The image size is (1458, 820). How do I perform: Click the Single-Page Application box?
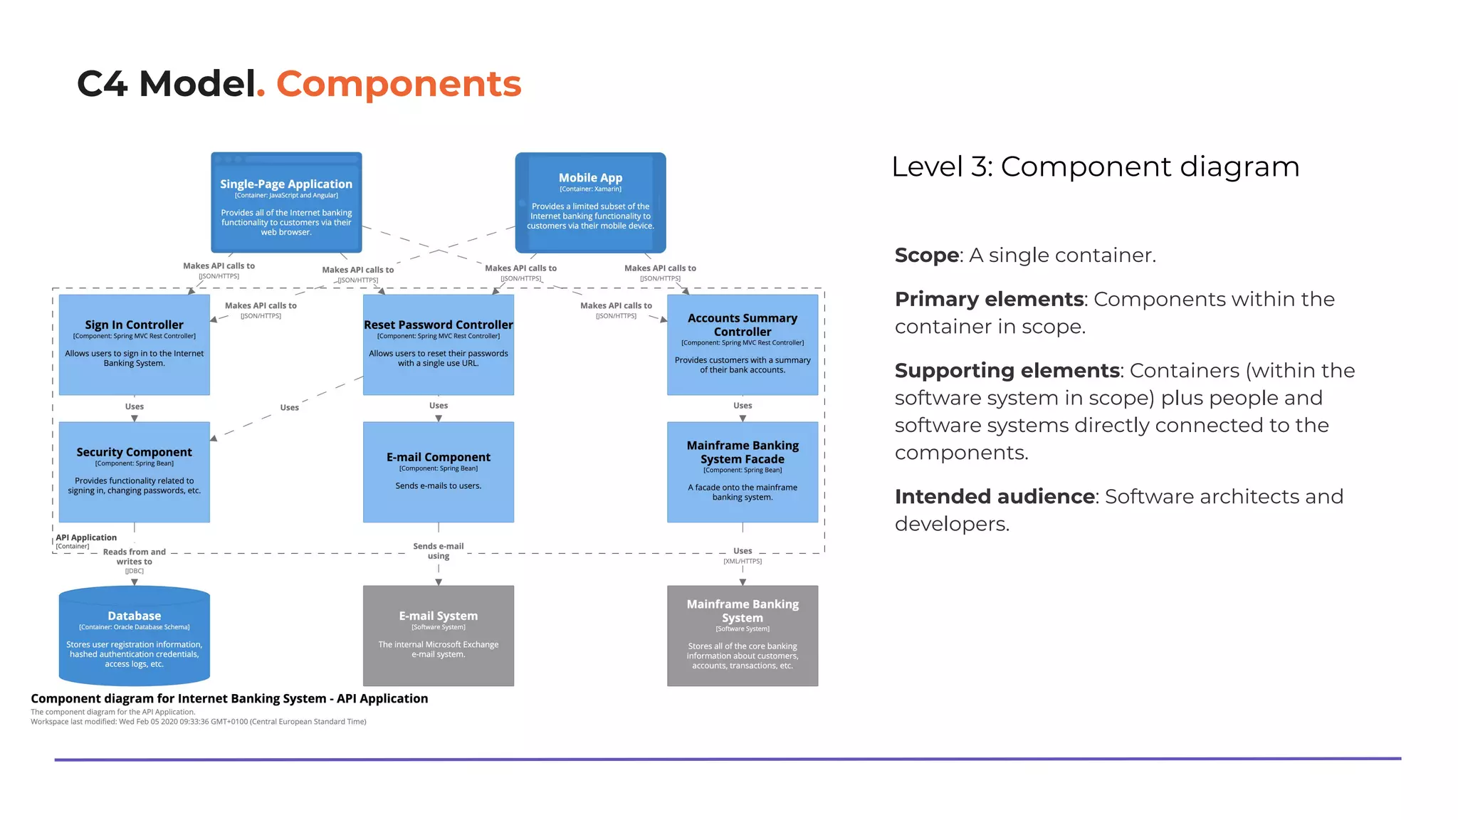286,203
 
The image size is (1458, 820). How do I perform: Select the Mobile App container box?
590,203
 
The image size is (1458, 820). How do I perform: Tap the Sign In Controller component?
134,345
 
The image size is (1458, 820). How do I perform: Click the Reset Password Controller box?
438,345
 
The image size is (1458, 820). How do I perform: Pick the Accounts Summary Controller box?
742,345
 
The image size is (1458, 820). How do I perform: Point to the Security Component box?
134,472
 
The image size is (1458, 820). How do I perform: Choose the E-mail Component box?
438,472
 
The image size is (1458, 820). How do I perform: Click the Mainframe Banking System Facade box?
742,472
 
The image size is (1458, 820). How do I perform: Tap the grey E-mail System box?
438,636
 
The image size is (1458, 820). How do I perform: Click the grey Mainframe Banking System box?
742,636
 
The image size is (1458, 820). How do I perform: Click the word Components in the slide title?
399,84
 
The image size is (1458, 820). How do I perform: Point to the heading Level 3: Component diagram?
1095,167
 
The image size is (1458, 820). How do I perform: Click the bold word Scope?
926,255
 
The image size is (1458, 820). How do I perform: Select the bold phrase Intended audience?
995,496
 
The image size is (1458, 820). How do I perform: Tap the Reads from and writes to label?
134,557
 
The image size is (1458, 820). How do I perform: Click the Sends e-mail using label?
438,551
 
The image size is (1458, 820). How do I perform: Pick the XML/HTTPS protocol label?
742,562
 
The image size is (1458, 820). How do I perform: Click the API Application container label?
85,538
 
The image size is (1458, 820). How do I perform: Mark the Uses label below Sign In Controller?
134,406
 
